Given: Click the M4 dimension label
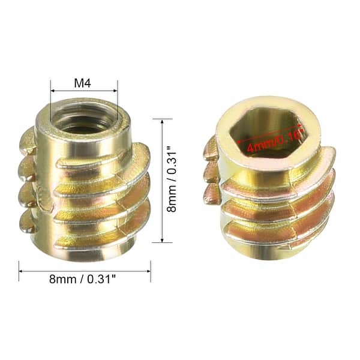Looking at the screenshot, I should pos(84,82).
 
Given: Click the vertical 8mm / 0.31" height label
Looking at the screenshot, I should pos(172,180).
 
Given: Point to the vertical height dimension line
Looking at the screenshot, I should pos(162,180).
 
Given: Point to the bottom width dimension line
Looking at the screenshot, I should pos(84,271).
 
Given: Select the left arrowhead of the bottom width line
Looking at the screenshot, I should pos(21,271).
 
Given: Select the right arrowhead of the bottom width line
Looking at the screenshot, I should pos(148,271).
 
